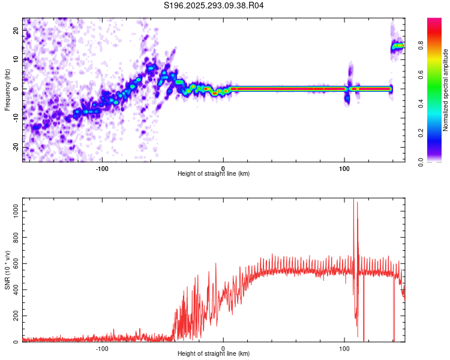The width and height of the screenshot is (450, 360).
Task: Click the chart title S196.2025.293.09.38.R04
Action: (214, 5)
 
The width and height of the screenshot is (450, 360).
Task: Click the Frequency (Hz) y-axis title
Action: (7, 90)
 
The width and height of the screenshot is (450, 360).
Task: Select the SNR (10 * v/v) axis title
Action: (7, 270)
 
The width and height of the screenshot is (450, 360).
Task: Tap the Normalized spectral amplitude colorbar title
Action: (446, 90)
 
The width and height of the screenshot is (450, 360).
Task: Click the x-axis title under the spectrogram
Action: (214, 174)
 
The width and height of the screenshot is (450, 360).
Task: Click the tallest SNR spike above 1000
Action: (353, 200)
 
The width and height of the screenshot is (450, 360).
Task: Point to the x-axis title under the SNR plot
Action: (214, 354)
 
